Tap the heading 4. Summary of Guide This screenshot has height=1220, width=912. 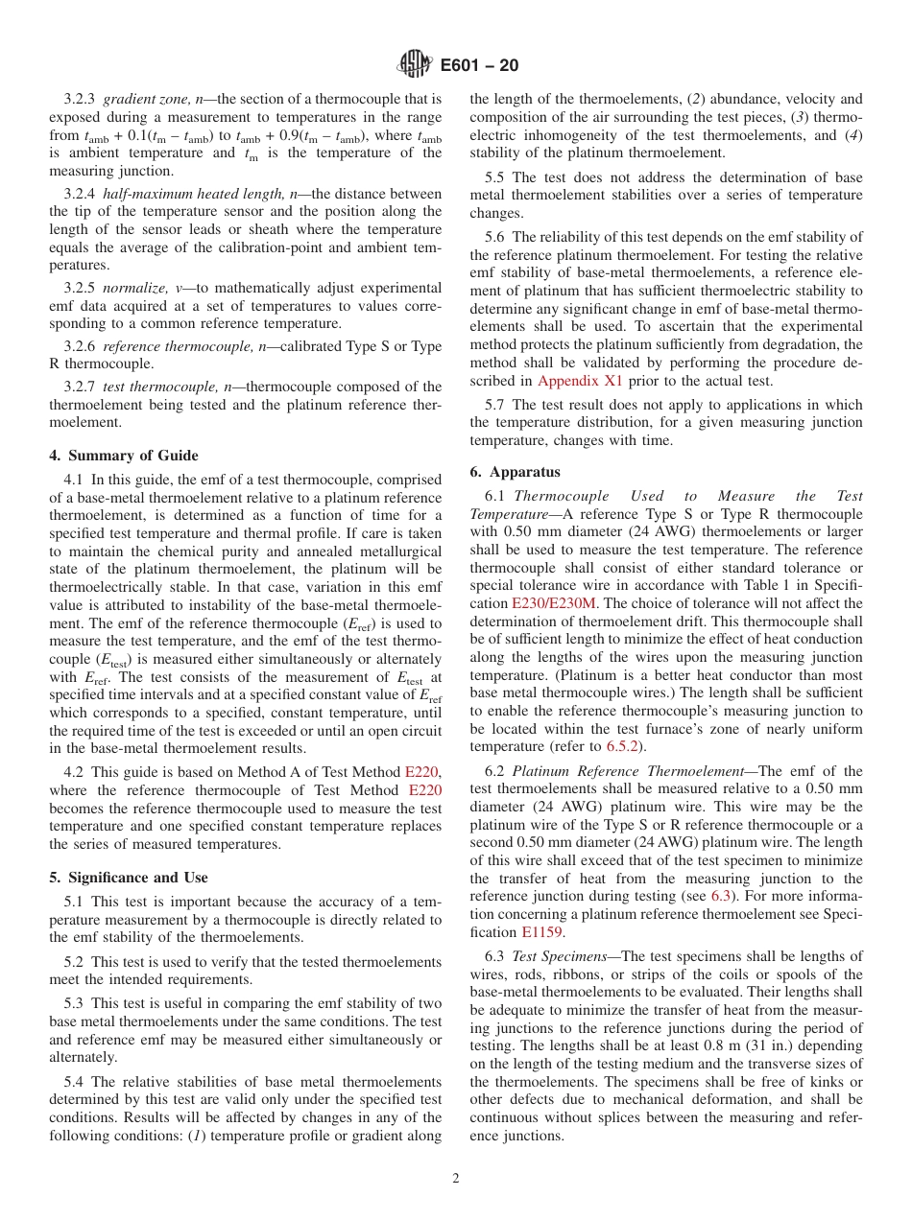point(124,456)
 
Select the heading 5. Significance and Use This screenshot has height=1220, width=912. point(129,878)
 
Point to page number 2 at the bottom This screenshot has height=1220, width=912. point(456,1179)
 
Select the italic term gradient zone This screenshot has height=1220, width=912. point(143,99)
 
